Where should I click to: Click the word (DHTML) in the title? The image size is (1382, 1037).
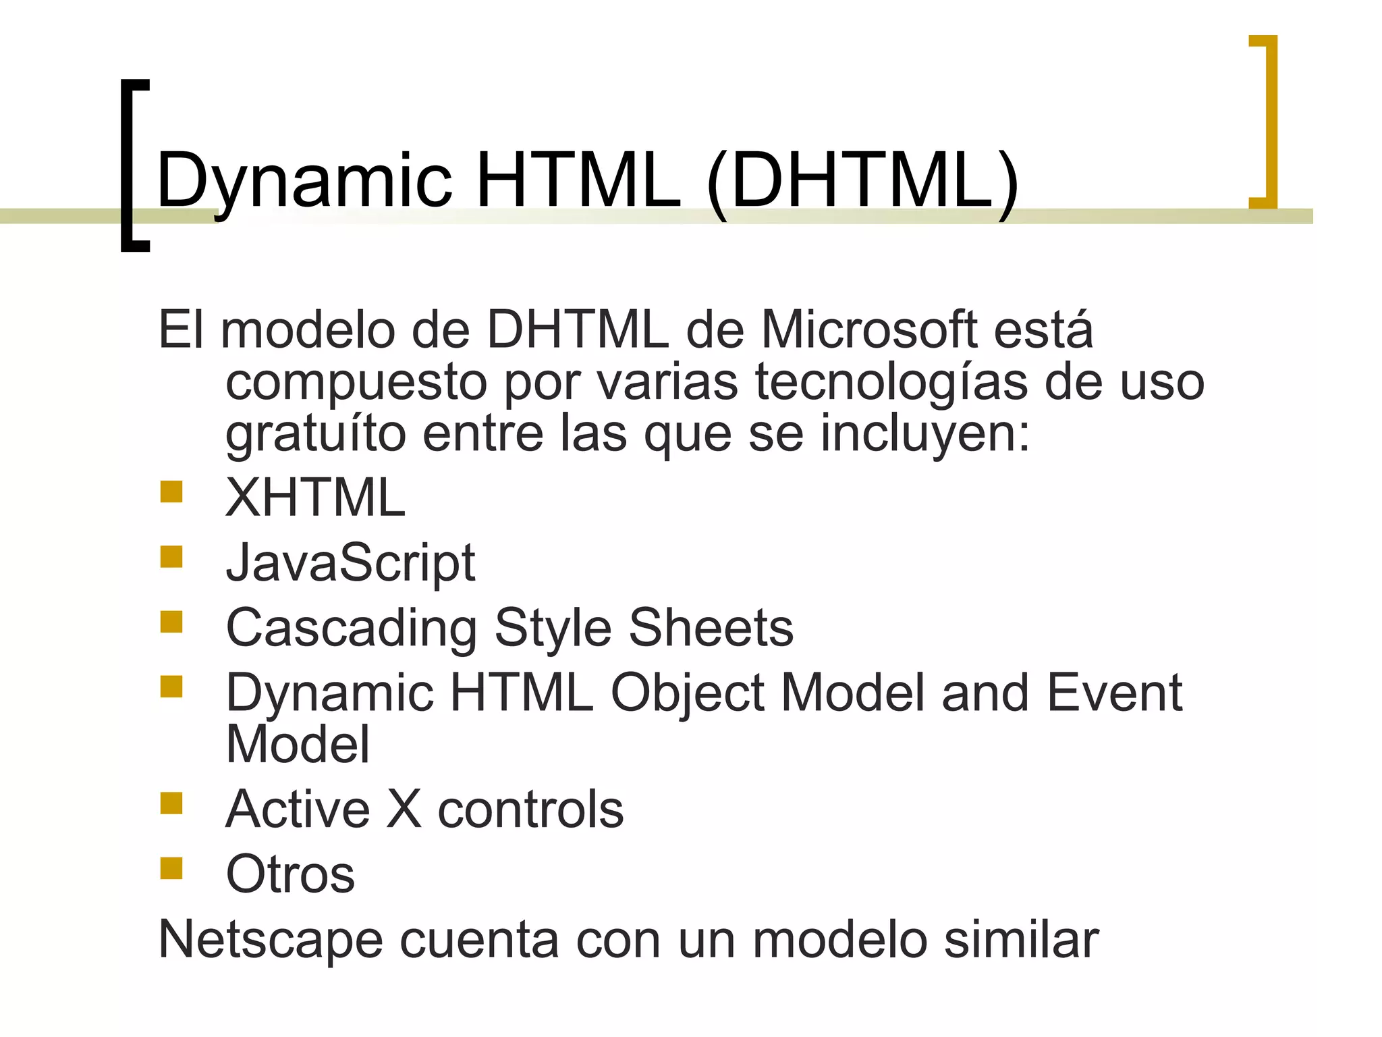tap(862, 181)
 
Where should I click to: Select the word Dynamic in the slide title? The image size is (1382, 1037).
tap(304, 181)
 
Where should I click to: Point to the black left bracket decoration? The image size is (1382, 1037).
tap(134, 165)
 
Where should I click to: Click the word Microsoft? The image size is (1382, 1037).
tap(868, 330)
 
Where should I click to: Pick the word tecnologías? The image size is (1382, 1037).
tap(891, 382)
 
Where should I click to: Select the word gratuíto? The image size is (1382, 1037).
tap(315, 434)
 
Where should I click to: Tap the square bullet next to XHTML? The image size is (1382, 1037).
tap(171, 491)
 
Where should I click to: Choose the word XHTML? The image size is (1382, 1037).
tap(315, 498)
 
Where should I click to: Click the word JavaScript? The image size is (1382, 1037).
tap(350, 563)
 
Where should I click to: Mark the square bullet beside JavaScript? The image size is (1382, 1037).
tap(171, 557)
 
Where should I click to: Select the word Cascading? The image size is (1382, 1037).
tap(352, 628)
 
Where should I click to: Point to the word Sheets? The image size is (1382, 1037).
tap(711, 628)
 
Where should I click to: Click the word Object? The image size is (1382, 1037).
tap(687, 693)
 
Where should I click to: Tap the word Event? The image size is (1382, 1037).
tap(1114, 693)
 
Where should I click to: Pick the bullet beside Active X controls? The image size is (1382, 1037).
tap(171, 803)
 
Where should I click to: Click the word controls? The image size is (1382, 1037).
tap(530, 809)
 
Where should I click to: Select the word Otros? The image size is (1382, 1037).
tap(290, 874)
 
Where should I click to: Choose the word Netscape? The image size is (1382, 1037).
tap(271, 940)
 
